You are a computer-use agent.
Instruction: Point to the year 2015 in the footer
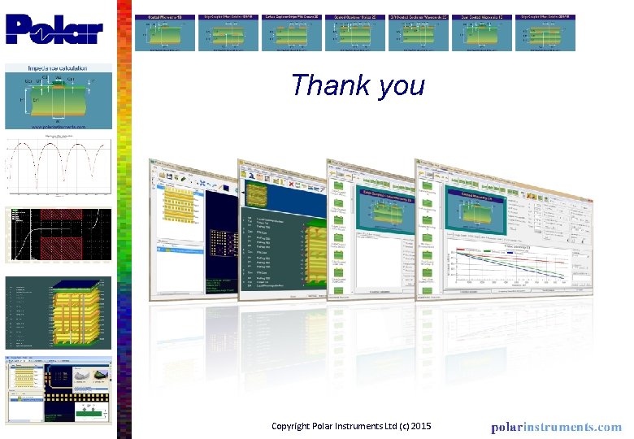click(419, 426)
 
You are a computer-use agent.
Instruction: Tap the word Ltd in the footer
click(389, 426)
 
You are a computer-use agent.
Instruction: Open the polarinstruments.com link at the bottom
click(556, 427)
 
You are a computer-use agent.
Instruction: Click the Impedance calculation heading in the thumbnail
click(58, 71)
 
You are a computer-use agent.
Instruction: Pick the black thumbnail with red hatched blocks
click(59, 236)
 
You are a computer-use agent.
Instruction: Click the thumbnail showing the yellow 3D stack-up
click(59, 314)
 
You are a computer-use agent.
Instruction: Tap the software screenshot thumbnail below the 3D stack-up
click(59, 391)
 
